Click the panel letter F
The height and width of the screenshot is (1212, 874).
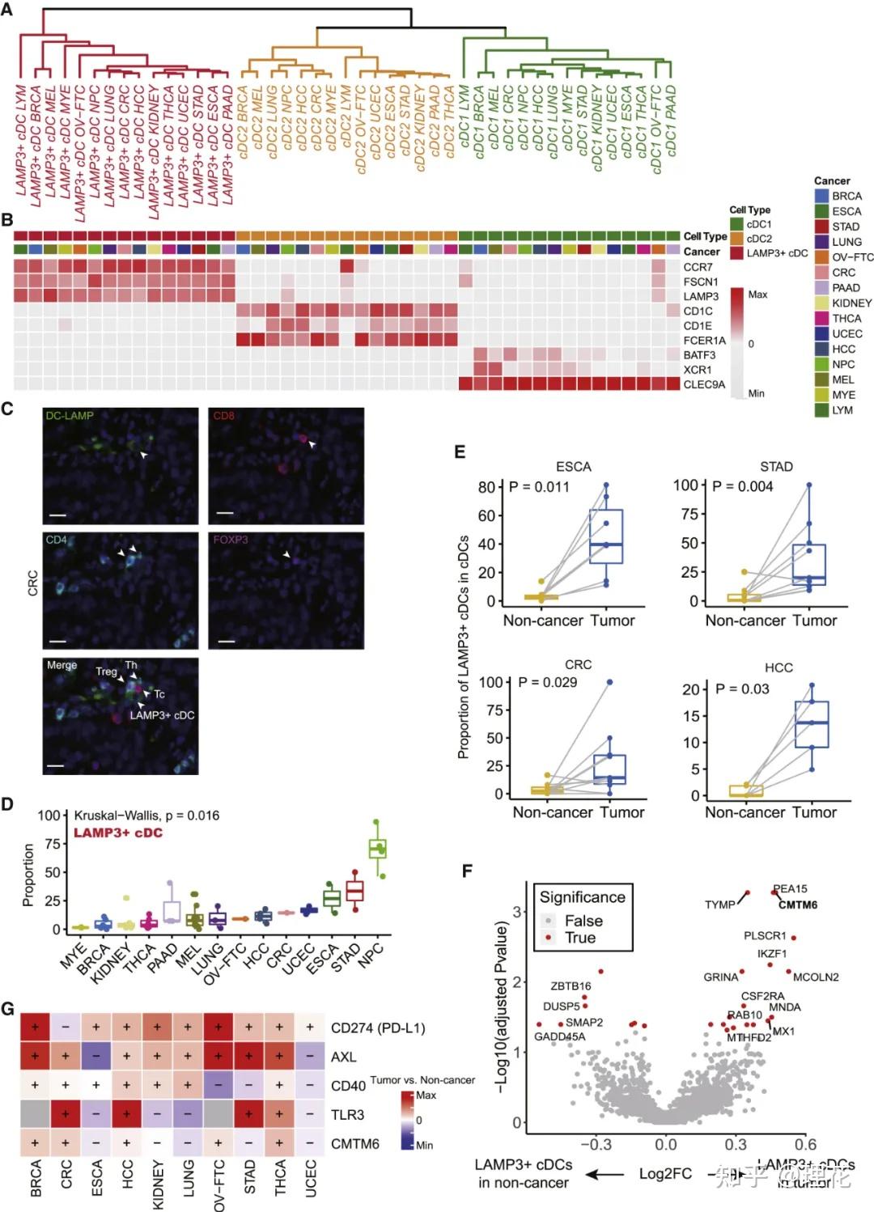[x=466, y=871]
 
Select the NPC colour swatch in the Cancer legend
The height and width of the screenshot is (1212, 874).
[x=821, y=364]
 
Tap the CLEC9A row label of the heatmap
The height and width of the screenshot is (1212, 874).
[x=704, y=384]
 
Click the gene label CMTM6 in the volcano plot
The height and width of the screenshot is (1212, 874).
[x=797, y=905]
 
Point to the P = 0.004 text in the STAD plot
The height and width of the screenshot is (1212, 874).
[x=742, y=486]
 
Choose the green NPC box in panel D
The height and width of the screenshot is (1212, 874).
[x=377, y=849]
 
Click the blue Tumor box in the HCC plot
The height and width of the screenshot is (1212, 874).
[x=812, y=723]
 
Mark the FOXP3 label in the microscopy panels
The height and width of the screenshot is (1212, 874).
[x=231, y=539]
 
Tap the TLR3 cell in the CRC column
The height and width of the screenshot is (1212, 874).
[x=66, y=1114]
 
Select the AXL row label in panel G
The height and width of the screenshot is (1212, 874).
[x=343, y=1057]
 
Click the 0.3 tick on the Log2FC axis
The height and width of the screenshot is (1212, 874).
[x=736, y=1144]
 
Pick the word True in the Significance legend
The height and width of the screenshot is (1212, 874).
[x=580, y=938]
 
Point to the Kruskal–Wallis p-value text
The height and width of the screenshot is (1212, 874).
[x=146, y=815]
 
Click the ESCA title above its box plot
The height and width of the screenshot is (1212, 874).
[x=573, y=467]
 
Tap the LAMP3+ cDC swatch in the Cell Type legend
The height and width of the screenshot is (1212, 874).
[x=736, y=253]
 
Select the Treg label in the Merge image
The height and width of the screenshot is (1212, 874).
[x=106, y=672]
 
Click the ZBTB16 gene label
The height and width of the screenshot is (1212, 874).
[x=571, y=986]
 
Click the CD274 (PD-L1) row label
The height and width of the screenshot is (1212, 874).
[x=378, y=1028]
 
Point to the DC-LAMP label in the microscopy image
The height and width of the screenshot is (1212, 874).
[x=70, y=415]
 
